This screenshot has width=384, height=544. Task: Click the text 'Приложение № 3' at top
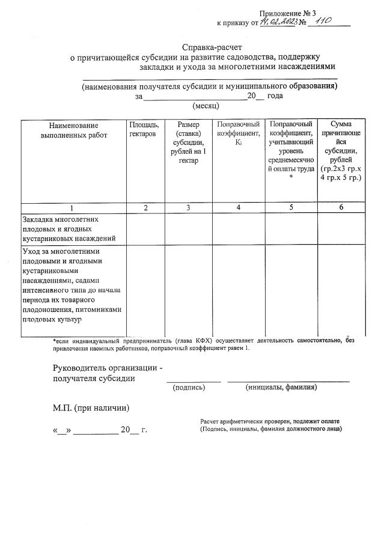287,13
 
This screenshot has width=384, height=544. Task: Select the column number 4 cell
239,207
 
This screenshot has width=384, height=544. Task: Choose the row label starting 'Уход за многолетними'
72,286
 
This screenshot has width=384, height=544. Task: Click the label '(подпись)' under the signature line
189,388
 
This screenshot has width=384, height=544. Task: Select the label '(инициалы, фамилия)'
281,388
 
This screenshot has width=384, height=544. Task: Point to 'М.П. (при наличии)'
90,408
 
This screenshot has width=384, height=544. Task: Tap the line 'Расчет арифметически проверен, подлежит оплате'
270,422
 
